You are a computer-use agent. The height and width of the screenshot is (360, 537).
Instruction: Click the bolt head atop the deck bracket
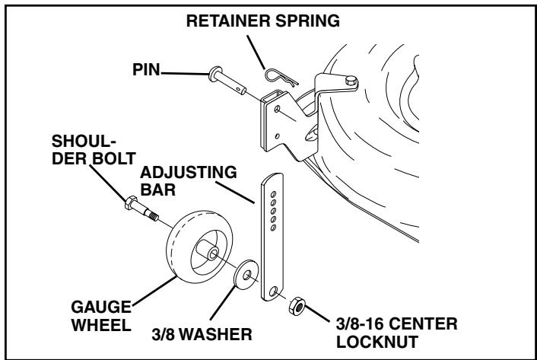tap(351, 79)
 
